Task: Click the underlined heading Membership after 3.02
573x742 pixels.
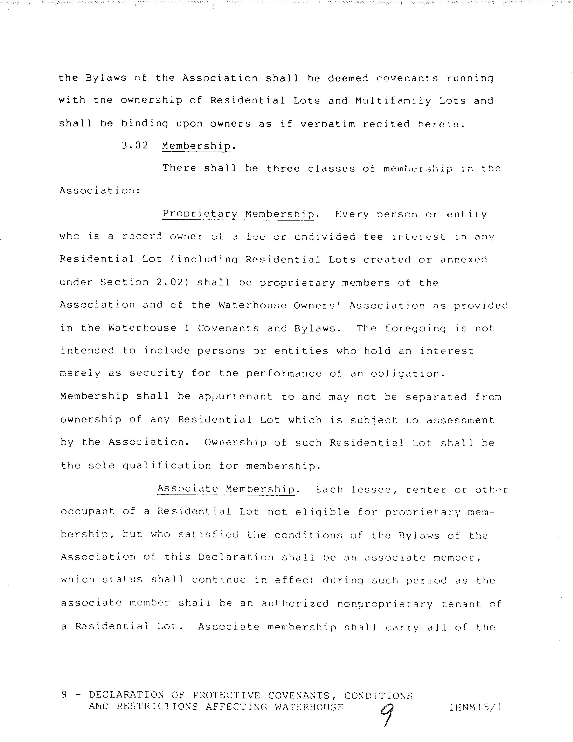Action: click(x=196, y=146)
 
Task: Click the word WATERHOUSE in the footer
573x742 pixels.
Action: click(x=309, y=707)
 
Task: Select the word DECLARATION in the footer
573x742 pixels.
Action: click(x=127, y=695)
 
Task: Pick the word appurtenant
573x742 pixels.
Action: click(x=235, y=397)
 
